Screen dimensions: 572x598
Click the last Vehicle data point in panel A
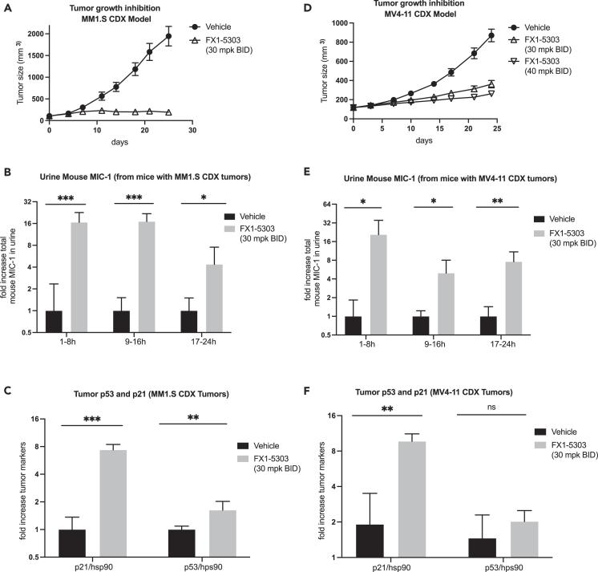pyautogui.click(x=168, y=37)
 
